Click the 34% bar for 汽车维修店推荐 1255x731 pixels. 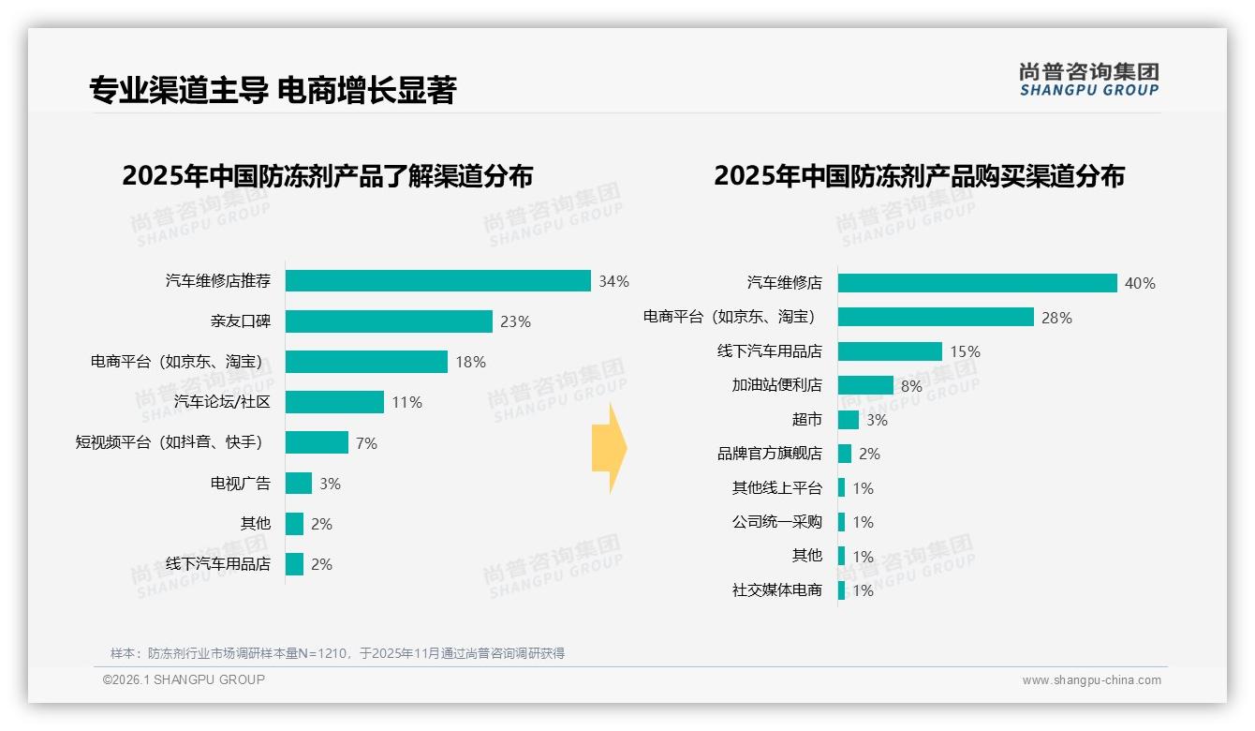click(x=437, y=281)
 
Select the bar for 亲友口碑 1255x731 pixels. click(x=389, y=321)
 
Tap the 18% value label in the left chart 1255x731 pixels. click(x=470, y=362)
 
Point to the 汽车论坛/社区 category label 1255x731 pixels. click(x=222, y=402)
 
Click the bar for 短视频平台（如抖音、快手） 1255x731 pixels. click(x=317, y=442)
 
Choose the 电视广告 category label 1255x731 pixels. click(x=240, y=484)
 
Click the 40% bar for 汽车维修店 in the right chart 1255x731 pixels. click(x=977, y=283)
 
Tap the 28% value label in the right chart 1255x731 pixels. click(x=1056, y=318)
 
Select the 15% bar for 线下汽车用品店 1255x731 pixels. click(x=890, y=351)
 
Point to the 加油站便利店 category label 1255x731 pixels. click(x=776, y=385)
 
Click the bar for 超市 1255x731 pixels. click(x=848, y=420)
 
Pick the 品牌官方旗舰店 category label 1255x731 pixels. click(x=769, y=454)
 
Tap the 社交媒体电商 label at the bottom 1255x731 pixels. click(x=776, y=590)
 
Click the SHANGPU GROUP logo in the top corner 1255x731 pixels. click(x=1088, y=80)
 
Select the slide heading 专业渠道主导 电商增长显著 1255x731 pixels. click(x=273, y=90)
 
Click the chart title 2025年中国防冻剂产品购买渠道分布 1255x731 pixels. click(x=919, y=176)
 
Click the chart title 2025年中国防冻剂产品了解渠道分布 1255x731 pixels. click(x=328, y=176)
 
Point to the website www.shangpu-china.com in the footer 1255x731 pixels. click(x=1091, y=680)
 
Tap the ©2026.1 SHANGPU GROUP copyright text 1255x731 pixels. click(x=184, y=679)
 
